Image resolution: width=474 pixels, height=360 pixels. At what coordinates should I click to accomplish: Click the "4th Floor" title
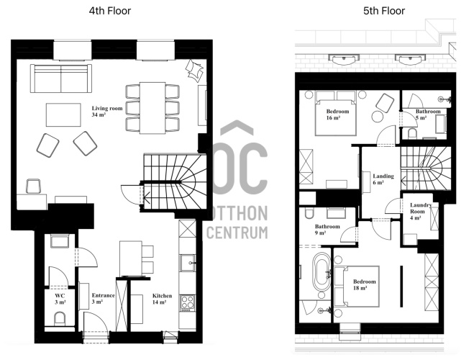pos(110,11)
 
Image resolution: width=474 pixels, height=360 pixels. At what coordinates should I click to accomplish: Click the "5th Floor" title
pos(384,11)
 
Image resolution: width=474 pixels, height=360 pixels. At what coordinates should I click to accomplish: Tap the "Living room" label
pos(107,108)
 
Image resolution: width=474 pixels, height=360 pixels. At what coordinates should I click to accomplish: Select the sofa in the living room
pos(61,78)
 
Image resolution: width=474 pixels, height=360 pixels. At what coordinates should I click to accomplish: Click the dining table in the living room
pos(152,108)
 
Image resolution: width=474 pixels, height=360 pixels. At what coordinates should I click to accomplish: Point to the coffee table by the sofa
pos(63,115)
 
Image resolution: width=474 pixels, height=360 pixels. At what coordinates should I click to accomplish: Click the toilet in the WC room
pos(60,319)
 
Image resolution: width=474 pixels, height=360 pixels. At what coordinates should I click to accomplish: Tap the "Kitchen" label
pos(162,296)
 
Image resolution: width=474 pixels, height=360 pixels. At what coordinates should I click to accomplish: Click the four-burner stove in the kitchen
pos(188,302)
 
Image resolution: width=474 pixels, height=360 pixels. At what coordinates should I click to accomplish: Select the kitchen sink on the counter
pos(188,263)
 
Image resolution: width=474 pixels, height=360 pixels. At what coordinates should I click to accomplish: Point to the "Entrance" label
pos(104,295)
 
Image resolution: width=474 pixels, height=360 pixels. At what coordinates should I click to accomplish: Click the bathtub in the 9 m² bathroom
pos(322,272)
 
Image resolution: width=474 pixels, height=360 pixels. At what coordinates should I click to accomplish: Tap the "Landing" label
pos(383,176)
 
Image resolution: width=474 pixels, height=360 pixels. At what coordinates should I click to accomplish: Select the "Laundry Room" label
pos(420,208)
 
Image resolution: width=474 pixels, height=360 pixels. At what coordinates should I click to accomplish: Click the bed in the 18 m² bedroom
pos(357,287)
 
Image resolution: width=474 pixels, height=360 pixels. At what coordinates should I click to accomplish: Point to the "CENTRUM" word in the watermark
pos(237,233)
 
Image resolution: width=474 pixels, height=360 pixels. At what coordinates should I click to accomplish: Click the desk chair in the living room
pos(33,186)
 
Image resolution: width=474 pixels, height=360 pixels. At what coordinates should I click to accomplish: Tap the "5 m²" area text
pos(421,117)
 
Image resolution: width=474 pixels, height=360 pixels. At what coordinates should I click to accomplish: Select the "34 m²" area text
pos(99,114)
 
